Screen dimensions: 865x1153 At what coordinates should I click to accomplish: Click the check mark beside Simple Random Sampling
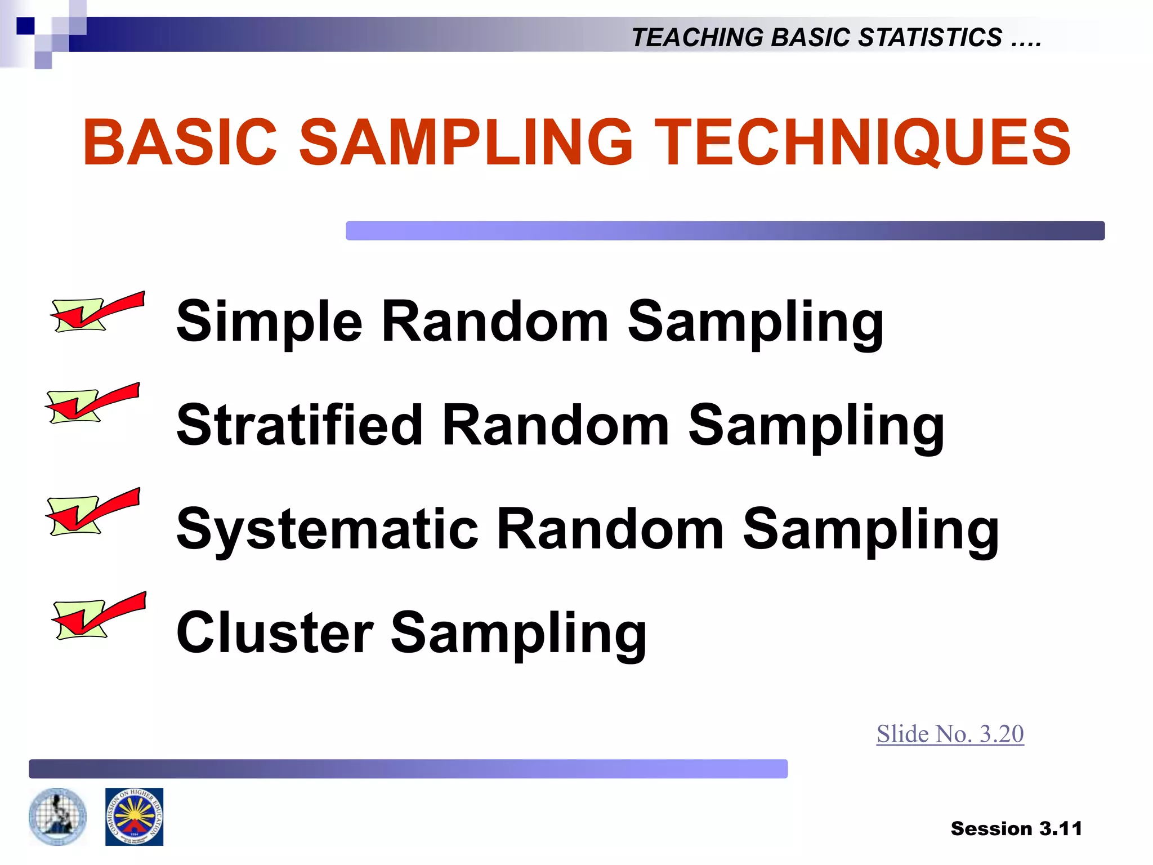[97, 312]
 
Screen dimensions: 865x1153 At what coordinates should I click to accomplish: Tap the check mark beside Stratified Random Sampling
[92, 403]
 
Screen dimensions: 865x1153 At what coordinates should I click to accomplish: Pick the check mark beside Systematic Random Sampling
[92, 511]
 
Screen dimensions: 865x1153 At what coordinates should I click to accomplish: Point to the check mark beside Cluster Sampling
[99, 616]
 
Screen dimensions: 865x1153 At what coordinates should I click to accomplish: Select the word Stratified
[300, 425]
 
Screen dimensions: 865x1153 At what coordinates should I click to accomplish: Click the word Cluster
[275, 633]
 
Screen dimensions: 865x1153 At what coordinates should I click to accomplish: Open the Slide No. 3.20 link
[950, 734]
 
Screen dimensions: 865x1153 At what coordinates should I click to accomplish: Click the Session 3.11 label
[1016, 828]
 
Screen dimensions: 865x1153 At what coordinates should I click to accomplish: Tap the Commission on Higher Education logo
[134, 817]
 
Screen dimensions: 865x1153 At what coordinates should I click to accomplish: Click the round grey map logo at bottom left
[57, 817]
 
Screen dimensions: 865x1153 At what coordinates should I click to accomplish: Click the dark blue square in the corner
[25, 25]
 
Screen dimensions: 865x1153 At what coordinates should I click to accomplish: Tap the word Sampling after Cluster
[519, 633]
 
